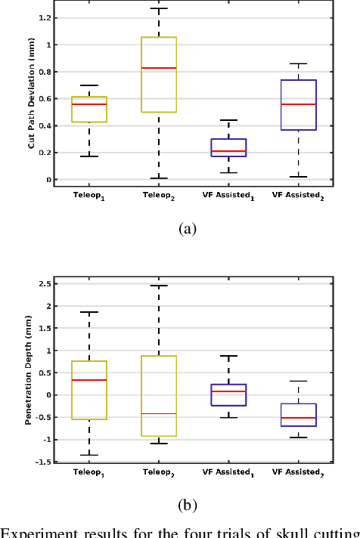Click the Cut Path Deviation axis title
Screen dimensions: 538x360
(x=32, y=95)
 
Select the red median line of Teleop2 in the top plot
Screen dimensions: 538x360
(x=159, y=68)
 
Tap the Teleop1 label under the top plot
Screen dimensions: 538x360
(x=88, y=195)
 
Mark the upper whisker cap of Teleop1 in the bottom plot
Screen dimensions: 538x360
(x=88, y=312)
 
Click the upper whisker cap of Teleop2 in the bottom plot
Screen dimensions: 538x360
(x=159, y=286)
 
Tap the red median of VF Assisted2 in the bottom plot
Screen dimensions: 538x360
(x=299, y=418)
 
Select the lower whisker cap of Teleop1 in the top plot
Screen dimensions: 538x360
(x=88, y=156)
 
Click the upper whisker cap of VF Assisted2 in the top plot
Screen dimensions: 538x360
(x=299, y=63)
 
